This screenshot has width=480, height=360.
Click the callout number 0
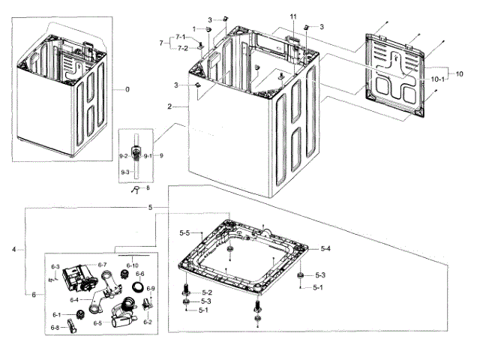click(x=127, y=90)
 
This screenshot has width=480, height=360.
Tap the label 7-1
click(x=181, y=37)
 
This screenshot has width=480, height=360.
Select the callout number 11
click(x=293, y=16)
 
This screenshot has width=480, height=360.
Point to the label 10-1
click(x=438, y=79)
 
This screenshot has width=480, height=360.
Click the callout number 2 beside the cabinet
click(x=171, y=107)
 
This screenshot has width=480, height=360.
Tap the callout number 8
click(x=148, y=188)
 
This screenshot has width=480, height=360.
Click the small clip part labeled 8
click(x=136, y=190)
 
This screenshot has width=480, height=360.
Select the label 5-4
click(x=325, y=248)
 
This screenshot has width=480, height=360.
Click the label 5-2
click(x=206, y=292)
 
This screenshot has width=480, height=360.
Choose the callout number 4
click(x=13, y=249)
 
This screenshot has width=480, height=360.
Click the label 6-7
click(x=103, y=265)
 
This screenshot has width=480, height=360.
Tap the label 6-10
click(x=133, y=265)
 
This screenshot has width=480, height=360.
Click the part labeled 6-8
click(x=72, y=326)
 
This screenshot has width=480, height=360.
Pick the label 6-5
click(x=97, y=323)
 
